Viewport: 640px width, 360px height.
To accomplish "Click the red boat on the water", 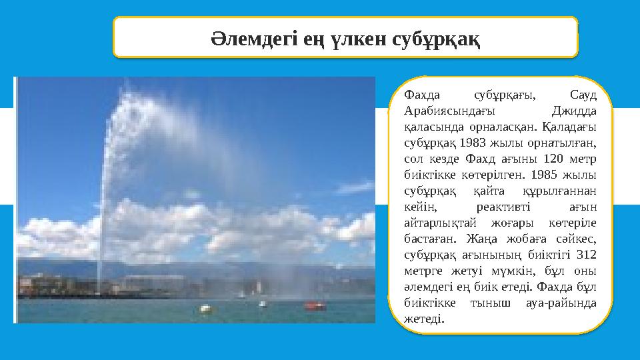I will pos(315,305).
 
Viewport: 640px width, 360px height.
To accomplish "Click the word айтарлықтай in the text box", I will pos(437,223).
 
